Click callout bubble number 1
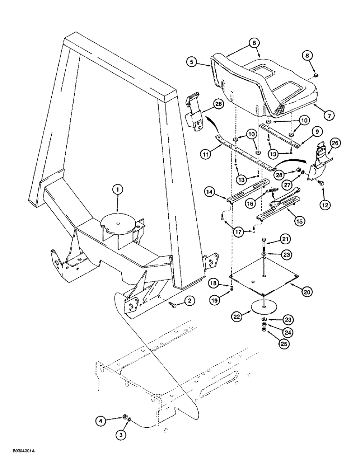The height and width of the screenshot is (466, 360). pyautogui.click(x=118, y=190)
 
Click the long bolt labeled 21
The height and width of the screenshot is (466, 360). pyautogui.click(x=265, y=246)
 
